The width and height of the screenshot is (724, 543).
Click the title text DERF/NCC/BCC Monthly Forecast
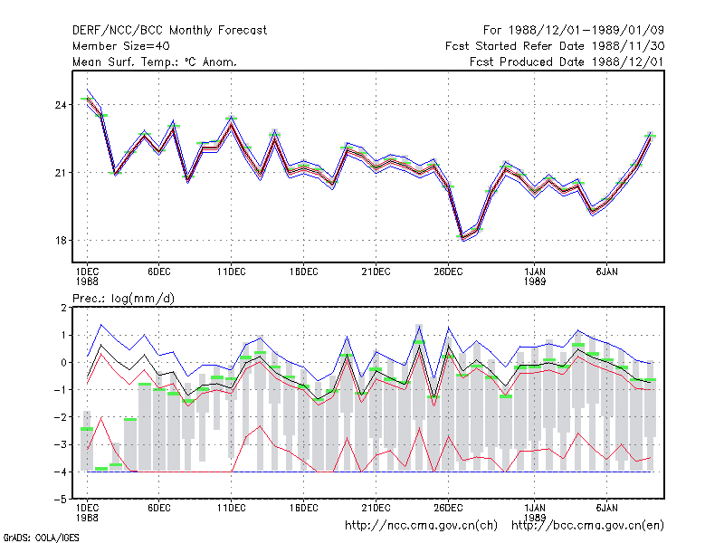click(169, 31)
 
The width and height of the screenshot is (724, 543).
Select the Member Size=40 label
click(121, 46)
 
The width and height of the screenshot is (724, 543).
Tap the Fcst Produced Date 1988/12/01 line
click(567, 62)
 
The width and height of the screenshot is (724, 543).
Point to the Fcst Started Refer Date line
click(555, 46)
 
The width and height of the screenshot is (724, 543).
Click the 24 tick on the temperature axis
click(61, 105)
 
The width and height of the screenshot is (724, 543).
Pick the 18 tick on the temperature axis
click(61, 241)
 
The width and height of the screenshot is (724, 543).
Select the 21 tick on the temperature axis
click(61, 173)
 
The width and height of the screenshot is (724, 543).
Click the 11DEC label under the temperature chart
click(232, 272)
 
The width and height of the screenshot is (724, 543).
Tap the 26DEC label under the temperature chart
click(448, 272)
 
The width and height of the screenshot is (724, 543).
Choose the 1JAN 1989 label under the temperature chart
click(535, 276)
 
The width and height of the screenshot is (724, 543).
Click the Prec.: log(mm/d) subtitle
click(123, 299)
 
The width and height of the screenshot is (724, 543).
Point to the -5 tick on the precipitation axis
click(61, 500)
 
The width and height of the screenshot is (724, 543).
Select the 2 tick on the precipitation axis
click(63, 308)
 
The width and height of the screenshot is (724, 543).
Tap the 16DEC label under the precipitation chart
click(303, 508)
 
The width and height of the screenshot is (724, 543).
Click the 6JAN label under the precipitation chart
click(606, 508)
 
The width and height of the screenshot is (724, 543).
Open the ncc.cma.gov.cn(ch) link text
click(421, 526)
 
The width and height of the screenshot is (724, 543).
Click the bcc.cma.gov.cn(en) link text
click(587, 526)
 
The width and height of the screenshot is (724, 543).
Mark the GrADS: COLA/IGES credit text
click(41, 538)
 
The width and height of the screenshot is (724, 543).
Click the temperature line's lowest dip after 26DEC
click(462, 238)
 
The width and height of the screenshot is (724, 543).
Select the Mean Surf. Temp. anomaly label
click(155, 62)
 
